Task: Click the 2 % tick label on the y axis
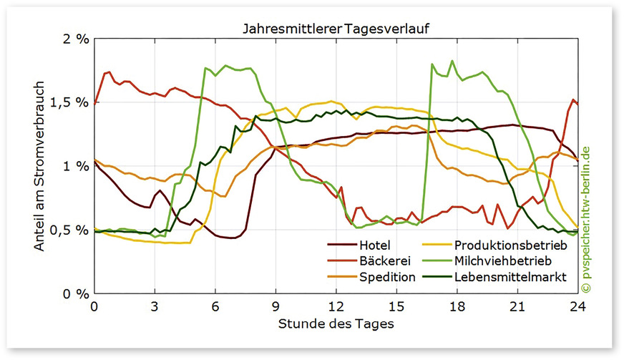[74, 39]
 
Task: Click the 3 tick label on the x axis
[155, 306]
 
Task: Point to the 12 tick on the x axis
[336, 306]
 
